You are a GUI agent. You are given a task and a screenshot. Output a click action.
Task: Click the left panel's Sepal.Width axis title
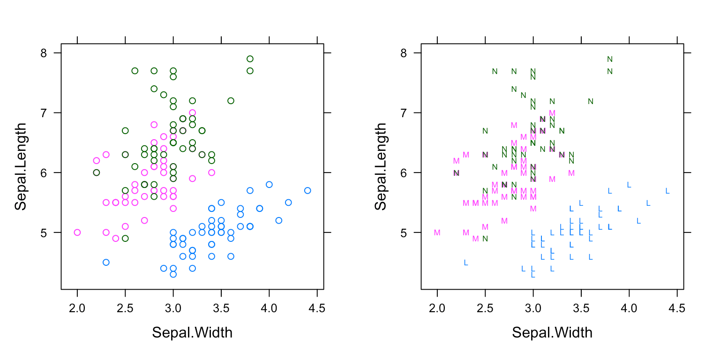[192, 333]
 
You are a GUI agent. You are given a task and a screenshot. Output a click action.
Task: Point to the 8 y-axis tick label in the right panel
[403, 53]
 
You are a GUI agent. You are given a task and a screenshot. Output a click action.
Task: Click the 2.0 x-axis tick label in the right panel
[437, 308]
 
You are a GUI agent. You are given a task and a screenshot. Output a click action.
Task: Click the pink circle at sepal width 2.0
[77, 232]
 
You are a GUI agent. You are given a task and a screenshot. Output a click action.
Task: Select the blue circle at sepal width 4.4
[307, 190]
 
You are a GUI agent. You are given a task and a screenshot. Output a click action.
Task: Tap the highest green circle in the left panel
[250, 59]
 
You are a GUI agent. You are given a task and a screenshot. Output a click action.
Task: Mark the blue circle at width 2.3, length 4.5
[106, 262]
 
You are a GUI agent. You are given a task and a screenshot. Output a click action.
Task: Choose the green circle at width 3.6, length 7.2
[231, 101]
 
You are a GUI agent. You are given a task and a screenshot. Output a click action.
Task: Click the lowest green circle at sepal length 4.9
[125, 238]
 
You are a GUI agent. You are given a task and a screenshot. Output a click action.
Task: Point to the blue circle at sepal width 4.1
[279, 220]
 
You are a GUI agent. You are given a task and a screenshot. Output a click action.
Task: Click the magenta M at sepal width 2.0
[437, 232]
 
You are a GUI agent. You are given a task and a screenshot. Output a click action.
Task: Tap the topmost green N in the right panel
[610, 59]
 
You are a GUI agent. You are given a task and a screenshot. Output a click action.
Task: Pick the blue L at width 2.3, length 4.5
[466, 262]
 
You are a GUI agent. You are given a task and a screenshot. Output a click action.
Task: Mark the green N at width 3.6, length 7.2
[591, 101]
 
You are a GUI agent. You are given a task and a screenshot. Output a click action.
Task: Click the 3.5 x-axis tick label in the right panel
[581, 308]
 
